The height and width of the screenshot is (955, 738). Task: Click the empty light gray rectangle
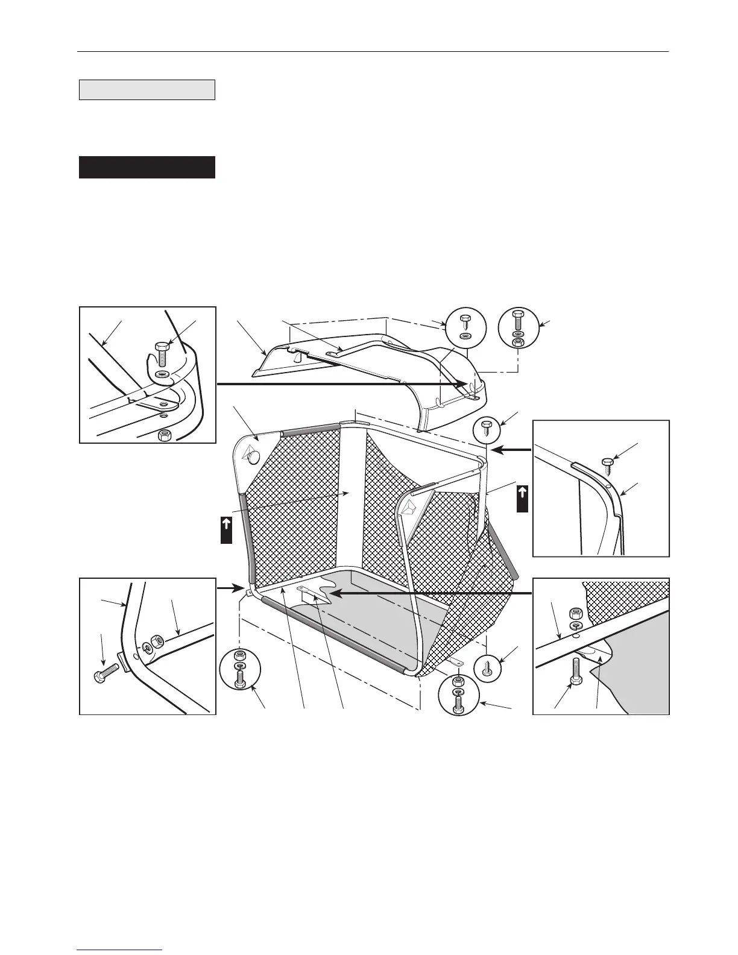[147, 89]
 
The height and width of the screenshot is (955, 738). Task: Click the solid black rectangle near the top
[147, 167]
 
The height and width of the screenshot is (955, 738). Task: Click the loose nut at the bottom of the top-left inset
[162, 434]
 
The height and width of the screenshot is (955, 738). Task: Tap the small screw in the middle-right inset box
[607, 464]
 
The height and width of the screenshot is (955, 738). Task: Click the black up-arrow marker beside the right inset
[523, 498]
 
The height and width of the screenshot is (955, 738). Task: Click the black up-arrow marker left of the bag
[226, 530]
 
